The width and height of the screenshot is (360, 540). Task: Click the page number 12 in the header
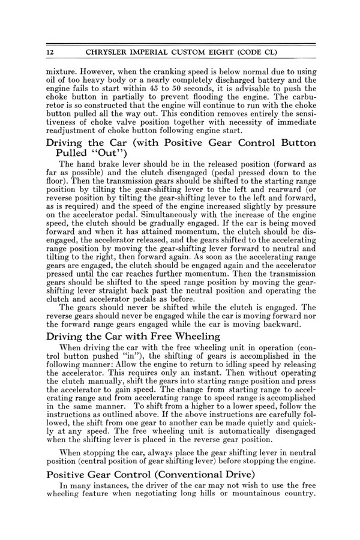click(51, 53)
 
